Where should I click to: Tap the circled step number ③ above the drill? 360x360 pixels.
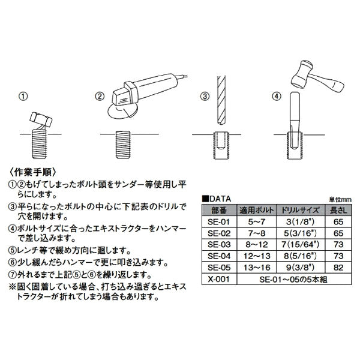point(204,96)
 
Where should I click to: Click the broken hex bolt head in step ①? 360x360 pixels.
point(40,120)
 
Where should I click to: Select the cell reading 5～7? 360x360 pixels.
point(257,221)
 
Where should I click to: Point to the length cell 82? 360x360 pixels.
point(340,267)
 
